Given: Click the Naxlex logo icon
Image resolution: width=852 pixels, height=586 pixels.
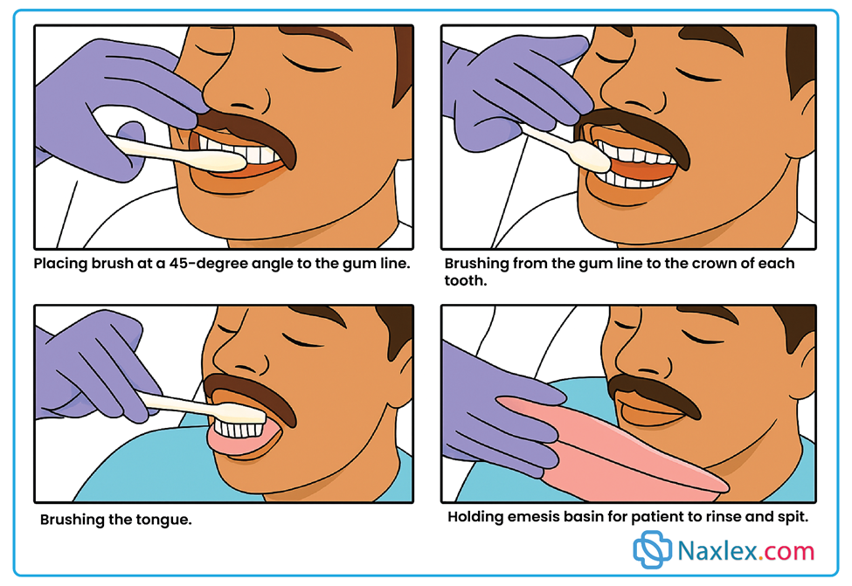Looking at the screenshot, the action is click(653, 549).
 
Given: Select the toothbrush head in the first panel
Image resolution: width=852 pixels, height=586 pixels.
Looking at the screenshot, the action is click(218, 161).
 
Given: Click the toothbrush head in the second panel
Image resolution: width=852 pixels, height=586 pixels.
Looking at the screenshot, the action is click(592, 156).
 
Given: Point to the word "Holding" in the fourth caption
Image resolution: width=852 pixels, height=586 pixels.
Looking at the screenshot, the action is click(474, 517).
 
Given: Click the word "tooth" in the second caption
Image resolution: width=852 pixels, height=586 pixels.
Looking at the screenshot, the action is click(465, 281).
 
